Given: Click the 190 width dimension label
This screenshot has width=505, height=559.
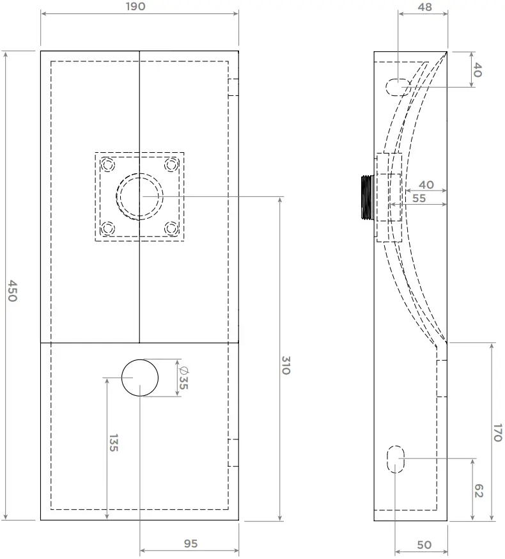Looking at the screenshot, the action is click(x=136, y=6).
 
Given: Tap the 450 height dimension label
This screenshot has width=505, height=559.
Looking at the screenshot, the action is click(x=13, y=290).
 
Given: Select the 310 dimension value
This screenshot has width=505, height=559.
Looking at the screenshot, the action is click(x=286, y=365).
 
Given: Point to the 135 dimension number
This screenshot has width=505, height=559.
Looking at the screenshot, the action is click(x=113, y=443).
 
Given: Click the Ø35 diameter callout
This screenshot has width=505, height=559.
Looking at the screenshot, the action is click(x=183, y=377).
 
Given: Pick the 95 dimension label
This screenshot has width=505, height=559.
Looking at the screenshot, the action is click(x=190, y=543).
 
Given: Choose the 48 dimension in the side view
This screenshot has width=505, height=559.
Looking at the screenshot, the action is click(x=424, y=7).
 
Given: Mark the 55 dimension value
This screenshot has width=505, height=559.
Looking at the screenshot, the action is click(x=419, y=198).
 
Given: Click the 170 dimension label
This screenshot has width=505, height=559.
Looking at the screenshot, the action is click(x=497, y=433).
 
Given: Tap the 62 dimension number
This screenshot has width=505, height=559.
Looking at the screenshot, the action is click(x=479, y=491).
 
